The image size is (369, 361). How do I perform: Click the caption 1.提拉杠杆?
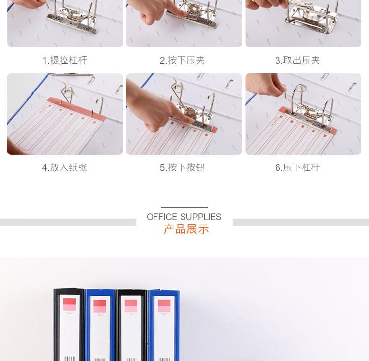(x=65, y=60)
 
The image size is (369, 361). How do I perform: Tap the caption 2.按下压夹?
(x=182, y=60)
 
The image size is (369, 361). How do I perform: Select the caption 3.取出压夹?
(x=298, y=60)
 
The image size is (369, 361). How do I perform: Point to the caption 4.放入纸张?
(x=64, y=167)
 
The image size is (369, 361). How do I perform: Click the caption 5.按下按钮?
(x=182, y=167)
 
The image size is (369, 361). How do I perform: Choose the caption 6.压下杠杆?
(x=298, y=167)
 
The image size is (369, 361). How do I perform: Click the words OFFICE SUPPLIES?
(x=184, y=217)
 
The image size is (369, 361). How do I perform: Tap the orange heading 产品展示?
(x=186, y=230)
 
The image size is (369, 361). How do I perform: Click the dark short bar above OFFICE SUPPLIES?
(x=184, y=207)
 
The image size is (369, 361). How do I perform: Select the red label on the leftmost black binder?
(x=69, y=305)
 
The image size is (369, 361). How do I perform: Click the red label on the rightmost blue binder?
(x=164, y=306)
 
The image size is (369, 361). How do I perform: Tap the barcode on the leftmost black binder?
(x=70, y=359)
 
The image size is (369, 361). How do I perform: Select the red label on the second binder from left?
(x=100, y=306)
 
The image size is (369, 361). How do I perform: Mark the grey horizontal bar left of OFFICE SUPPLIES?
(x=68, y=222)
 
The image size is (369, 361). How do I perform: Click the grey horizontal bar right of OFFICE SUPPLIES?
(x=301, y=222)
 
